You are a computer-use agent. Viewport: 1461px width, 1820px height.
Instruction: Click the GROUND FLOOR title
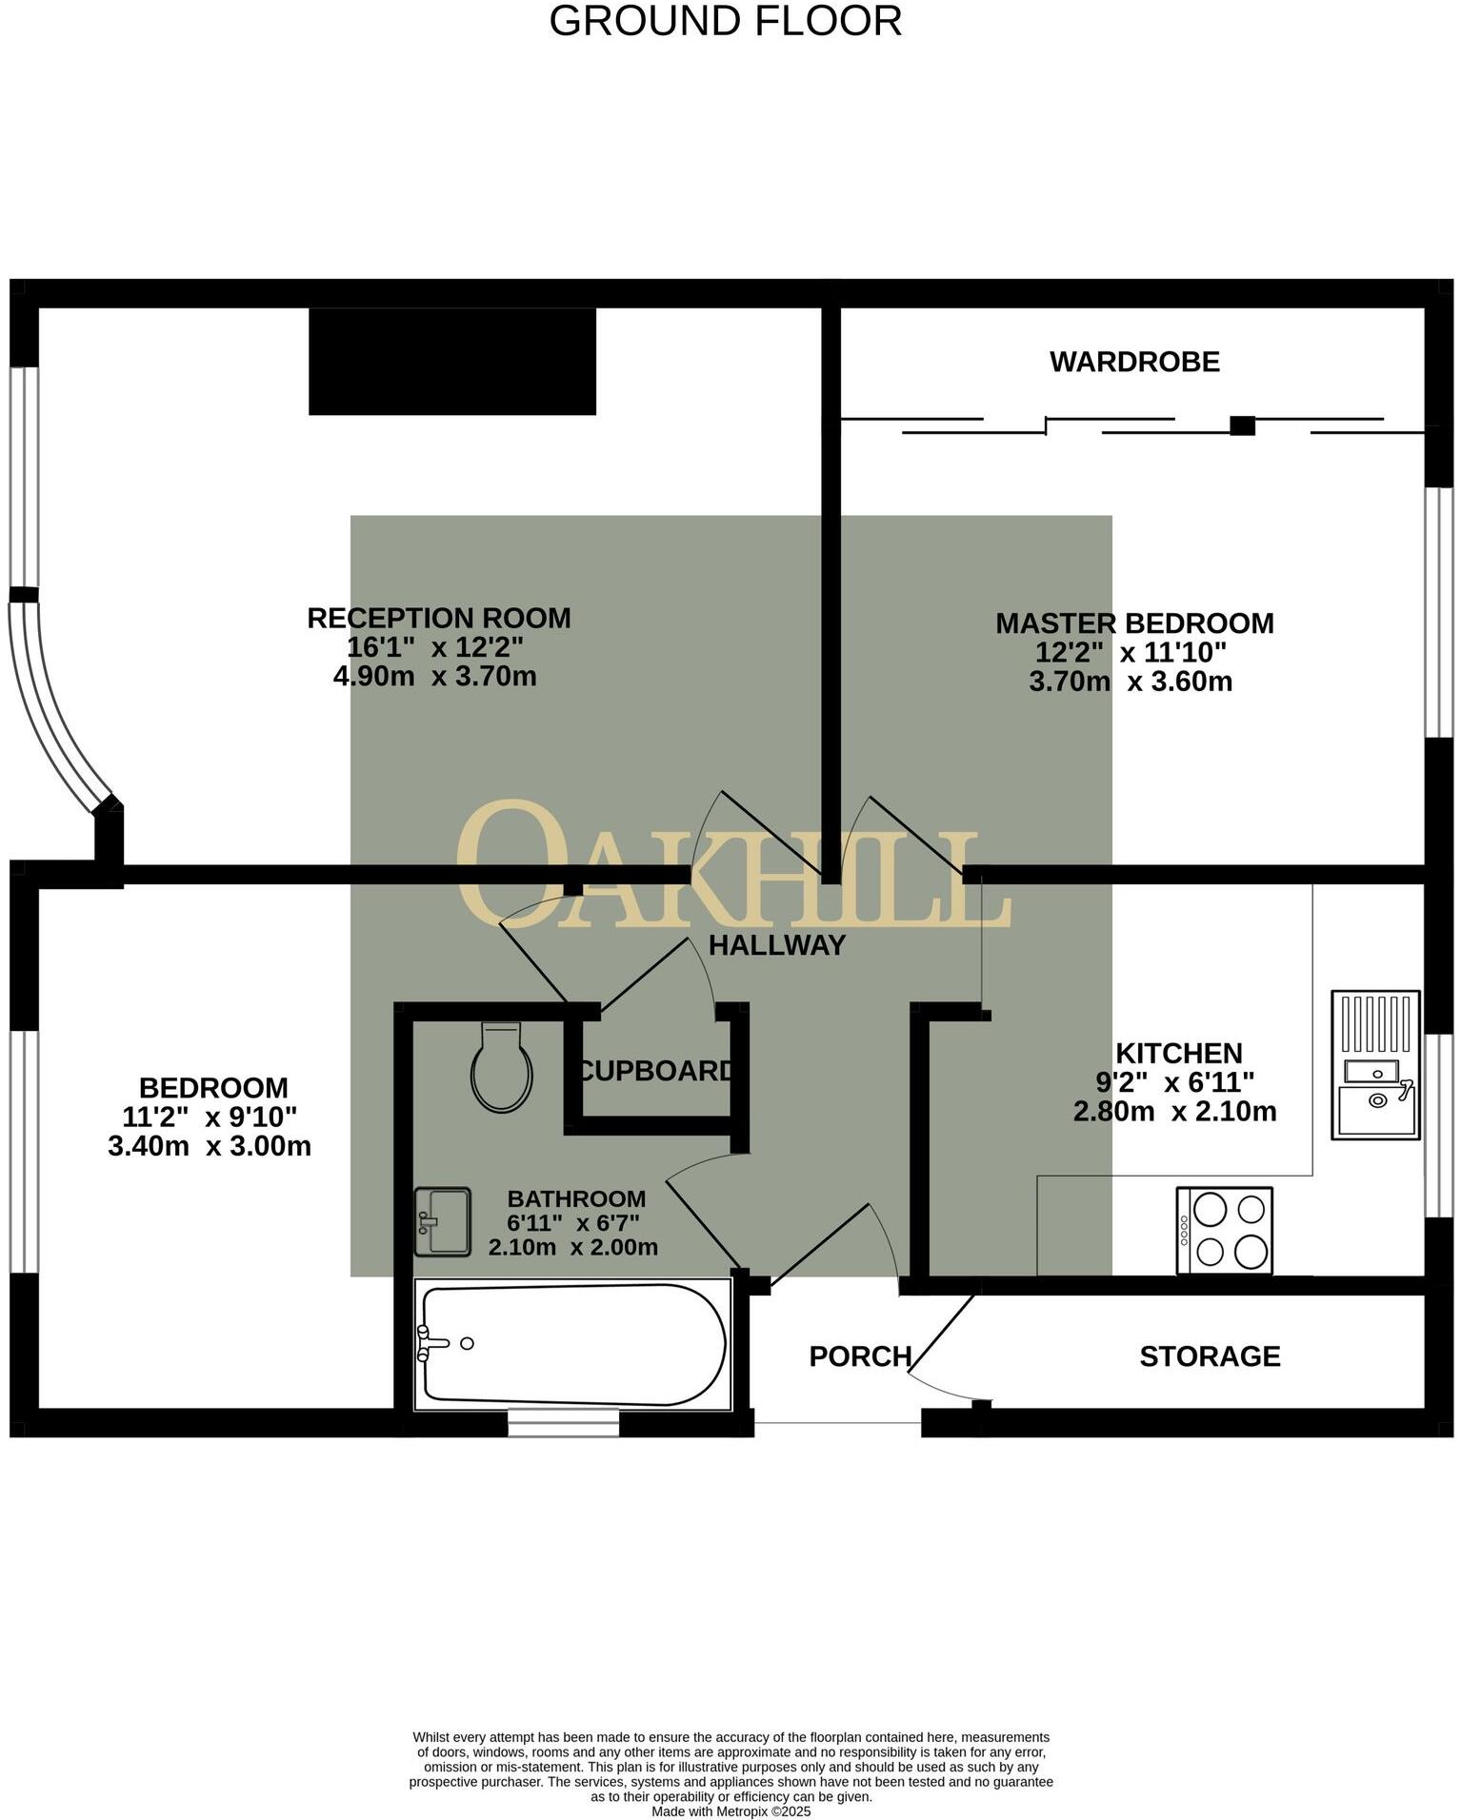click(725, 21)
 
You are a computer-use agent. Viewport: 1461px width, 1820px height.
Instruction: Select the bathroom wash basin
click(443, 1221)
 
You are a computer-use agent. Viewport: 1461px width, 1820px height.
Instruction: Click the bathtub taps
click(433, 1343)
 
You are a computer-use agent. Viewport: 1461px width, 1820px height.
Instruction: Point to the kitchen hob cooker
click(1224, 1230)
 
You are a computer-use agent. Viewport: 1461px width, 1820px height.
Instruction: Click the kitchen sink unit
click(1374, 1065)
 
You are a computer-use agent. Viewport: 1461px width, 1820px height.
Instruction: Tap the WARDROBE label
click(1134, 362)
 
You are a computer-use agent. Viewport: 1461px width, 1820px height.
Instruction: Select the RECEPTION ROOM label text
click(439, 618)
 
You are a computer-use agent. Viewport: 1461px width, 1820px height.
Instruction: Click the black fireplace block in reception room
click(452, 362)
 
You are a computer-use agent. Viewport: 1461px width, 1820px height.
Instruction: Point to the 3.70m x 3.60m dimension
click(1131, 682)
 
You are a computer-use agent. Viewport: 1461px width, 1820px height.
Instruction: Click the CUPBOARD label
click(657, 1071)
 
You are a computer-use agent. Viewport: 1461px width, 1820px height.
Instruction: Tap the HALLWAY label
click(777, 945)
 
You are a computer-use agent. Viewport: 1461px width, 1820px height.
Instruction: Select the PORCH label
click(860, 1356)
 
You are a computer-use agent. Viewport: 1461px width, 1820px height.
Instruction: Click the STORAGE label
click(1210, 1356)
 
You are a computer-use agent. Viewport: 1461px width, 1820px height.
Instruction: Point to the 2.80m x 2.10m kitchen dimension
click(1174, 1111)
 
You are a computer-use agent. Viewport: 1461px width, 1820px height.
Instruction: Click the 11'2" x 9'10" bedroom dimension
click(210, 1117)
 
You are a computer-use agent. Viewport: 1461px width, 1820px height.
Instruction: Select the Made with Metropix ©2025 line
click(730, 1811)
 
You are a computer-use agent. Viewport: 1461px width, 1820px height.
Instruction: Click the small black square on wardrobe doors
click(1242, 425)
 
